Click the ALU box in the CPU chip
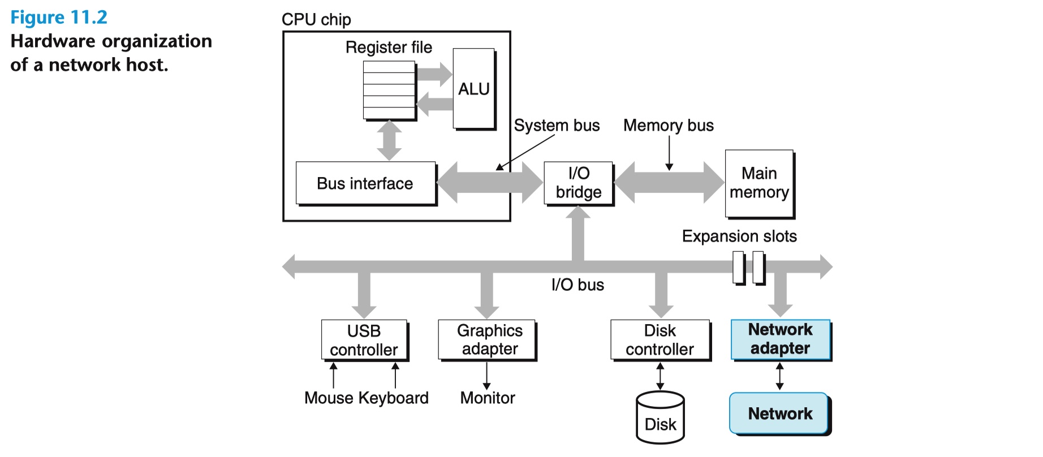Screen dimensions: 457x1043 [473, 89]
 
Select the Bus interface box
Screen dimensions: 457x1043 [365, 183]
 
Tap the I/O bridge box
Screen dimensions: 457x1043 [578, 183]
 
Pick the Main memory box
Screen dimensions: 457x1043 [759, 183]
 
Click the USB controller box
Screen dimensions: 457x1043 [364, 340]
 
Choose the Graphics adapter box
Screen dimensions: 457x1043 [486, 339]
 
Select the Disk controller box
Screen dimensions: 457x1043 [660, 339]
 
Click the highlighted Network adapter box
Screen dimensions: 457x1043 [780, 339]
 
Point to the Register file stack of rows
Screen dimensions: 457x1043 [389, 90]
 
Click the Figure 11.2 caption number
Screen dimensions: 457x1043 [59, 18]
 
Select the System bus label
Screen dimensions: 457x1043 [557, 125]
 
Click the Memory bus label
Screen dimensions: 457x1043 [668, 125]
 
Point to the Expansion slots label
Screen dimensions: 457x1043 [739, 236]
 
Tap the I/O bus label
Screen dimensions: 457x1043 [577, 284]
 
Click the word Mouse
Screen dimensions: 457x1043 [329, 398]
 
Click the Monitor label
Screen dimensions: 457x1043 [488, 398]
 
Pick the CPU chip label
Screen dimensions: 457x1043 [316, 20]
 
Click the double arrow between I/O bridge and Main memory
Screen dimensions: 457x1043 [669, 182]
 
